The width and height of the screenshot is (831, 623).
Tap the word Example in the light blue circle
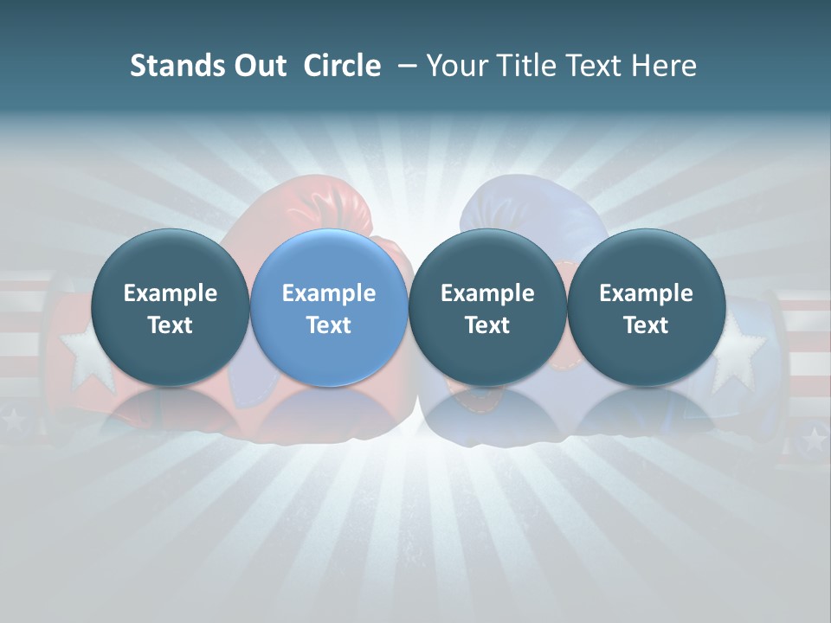click(329, 293)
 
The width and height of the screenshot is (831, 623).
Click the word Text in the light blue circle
click(329, 325)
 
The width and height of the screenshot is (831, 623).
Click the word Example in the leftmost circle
click(170, 293)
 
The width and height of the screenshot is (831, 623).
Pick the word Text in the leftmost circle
click(170, 325)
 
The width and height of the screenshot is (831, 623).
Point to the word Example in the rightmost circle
click(646, 293)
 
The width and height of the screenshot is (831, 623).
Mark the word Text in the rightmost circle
click(646, 325)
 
